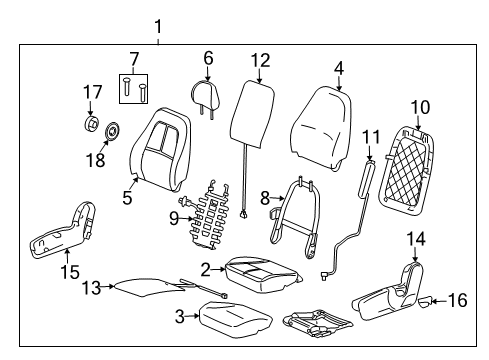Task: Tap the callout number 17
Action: [x=92, y=93]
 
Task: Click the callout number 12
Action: [x=260, y=60]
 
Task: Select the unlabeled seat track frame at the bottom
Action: [x=320, y=321]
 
